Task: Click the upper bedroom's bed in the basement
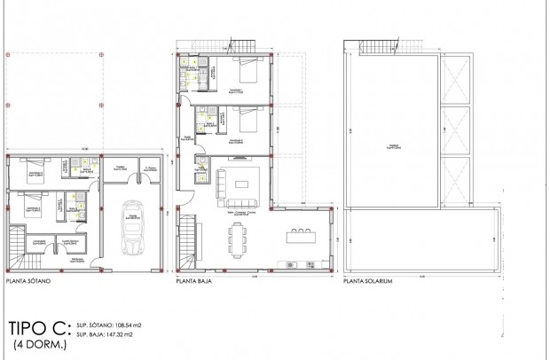point(33,167)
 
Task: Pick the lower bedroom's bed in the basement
point(32,202)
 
